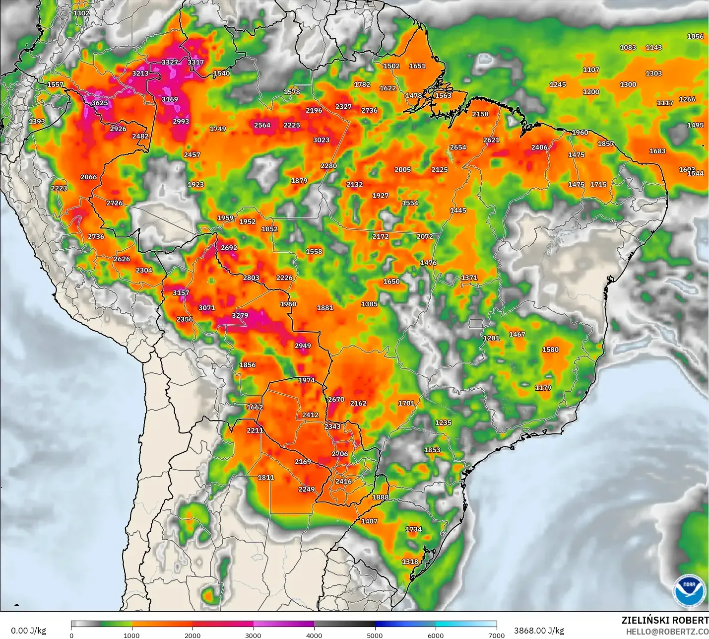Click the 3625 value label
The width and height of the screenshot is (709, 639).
point(100,103)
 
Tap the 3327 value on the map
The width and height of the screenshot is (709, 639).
point(170,62)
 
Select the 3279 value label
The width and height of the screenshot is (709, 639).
point(240,315)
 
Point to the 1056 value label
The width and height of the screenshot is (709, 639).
point(695,36)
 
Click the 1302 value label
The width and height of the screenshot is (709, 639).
point(81,13)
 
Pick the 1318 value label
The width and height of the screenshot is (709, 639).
point(410,562)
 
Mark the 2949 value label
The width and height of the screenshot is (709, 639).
point(303,346)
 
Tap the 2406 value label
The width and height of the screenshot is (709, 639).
point(539,147)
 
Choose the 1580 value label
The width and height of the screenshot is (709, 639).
point(550,350)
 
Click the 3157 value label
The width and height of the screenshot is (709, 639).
point(181,293)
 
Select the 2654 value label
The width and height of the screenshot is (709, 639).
point(458,147)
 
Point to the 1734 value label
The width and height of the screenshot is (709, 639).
point(414,529)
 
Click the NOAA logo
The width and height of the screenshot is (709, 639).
point(689,590)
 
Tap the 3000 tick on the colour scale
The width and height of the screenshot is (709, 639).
point(253,635)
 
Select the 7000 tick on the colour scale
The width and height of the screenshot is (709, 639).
point(496,635)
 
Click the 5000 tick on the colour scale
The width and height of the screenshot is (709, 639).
point(375,635)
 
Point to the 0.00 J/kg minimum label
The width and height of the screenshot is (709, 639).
point(29,631)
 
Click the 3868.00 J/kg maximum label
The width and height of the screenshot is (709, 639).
point(539,631)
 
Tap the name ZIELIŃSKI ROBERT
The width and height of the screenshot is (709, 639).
point(665,621)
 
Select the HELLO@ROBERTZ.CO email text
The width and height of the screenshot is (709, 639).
point(667,632)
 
